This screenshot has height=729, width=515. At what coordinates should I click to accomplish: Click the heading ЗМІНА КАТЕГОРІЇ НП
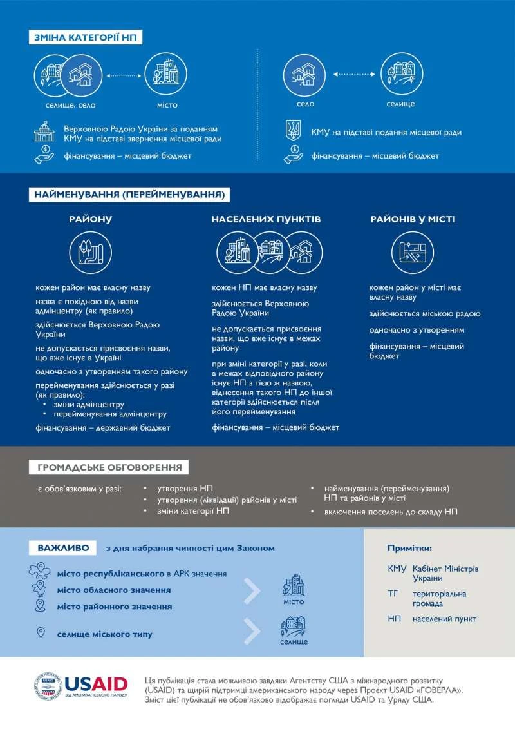tap(86, 37)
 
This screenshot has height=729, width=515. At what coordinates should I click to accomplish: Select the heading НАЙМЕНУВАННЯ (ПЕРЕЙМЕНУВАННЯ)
tap(129, 193)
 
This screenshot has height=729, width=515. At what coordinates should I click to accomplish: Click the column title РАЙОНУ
tap(91, 219)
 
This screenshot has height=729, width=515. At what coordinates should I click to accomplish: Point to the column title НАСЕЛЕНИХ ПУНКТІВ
tap(266, 219)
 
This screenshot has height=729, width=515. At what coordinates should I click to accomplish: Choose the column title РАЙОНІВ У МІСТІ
tap(413, 219)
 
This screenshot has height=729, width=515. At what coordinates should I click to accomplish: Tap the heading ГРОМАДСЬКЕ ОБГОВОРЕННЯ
tap(109, 467)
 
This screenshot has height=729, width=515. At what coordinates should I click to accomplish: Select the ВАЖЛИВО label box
tap(63, 548)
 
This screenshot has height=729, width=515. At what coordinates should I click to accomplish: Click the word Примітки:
tap(409, 548)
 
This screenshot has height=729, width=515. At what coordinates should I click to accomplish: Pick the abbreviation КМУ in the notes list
tap(397, 569)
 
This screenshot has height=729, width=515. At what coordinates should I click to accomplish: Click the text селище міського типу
tap(104, 634)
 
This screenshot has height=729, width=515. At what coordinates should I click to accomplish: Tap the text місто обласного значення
tap(113, 590)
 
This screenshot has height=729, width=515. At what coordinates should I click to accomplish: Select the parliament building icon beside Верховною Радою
tap(45, 133)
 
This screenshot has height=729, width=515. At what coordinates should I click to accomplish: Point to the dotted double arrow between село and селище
tap(353, 75)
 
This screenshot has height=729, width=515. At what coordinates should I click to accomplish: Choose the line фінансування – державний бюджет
tap(102, 427)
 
